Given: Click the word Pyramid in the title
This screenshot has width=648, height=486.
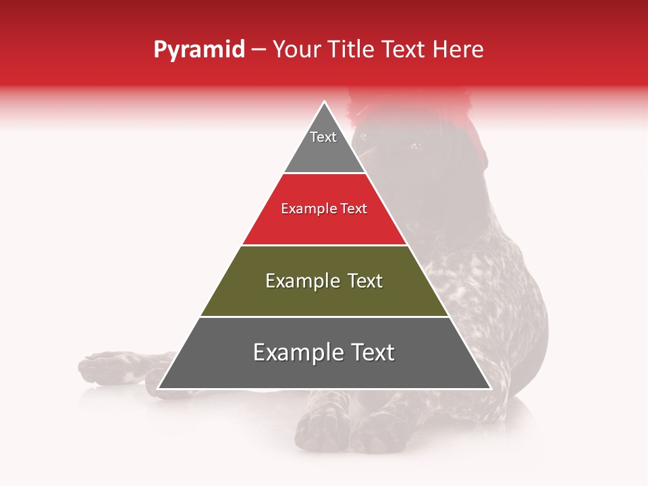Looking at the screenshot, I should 199,50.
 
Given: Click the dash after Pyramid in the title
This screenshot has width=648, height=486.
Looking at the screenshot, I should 259,50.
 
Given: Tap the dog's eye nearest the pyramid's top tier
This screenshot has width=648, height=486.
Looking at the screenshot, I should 365,136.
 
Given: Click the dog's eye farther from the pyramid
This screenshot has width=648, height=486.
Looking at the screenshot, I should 414,145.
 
